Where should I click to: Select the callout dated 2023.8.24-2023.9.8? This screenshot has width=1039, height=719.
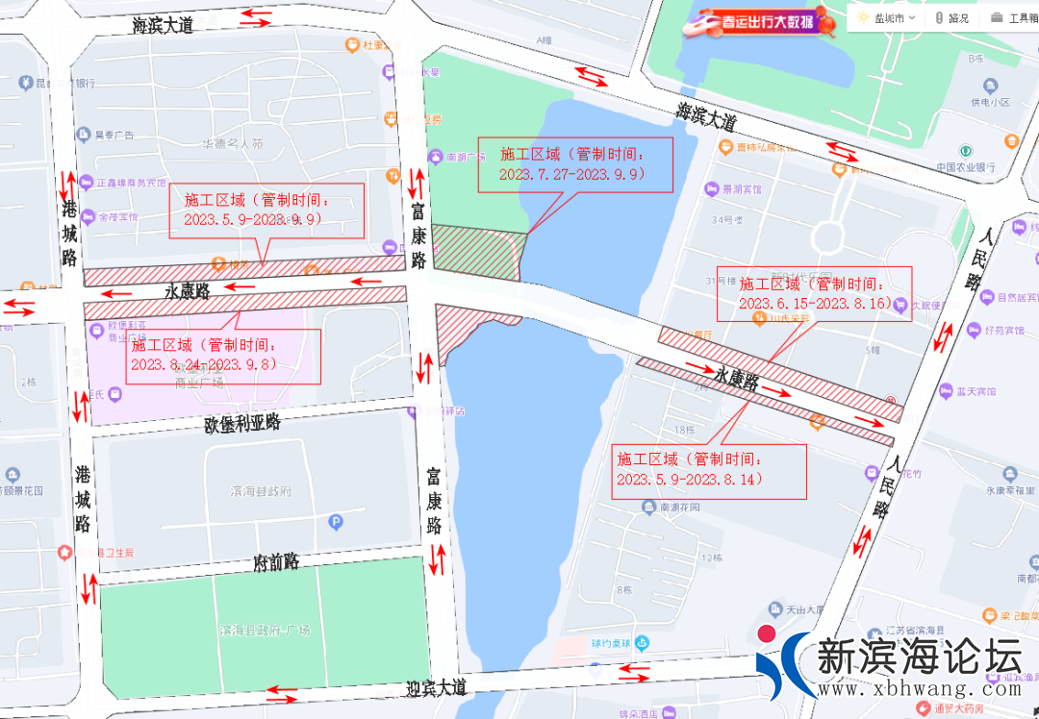pos(222,356)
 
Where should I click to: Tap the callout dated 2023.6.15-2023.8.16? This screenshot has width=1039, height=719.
pos(814,293)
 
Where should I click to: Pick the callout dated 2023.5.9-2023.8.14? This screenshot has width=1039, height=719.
pos(708,470)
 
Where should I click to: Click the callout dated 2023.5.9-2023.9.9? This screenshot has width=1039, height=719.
pos(266,211)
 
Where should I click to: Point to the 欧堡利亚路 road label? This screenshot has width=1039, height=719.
pos(241,423)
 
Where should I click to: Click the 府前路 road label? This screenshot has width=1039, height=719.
pos(276,561)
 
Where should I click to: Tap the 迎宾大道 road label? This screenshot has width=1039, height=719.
pos(436,688)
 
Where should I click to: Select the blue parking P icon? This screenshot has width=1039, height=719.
pos(336,523)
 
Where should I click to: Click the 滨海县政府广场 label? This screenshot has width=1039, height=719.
pos(265,631)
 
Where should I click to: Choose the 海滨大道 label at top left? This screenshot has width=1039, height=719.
pos(163,26)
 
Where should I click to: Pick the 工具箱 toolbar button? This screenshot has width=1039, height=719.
pos(1017,17)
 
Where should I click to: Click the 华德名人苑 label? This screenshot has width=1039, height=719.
pos(231,144)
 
